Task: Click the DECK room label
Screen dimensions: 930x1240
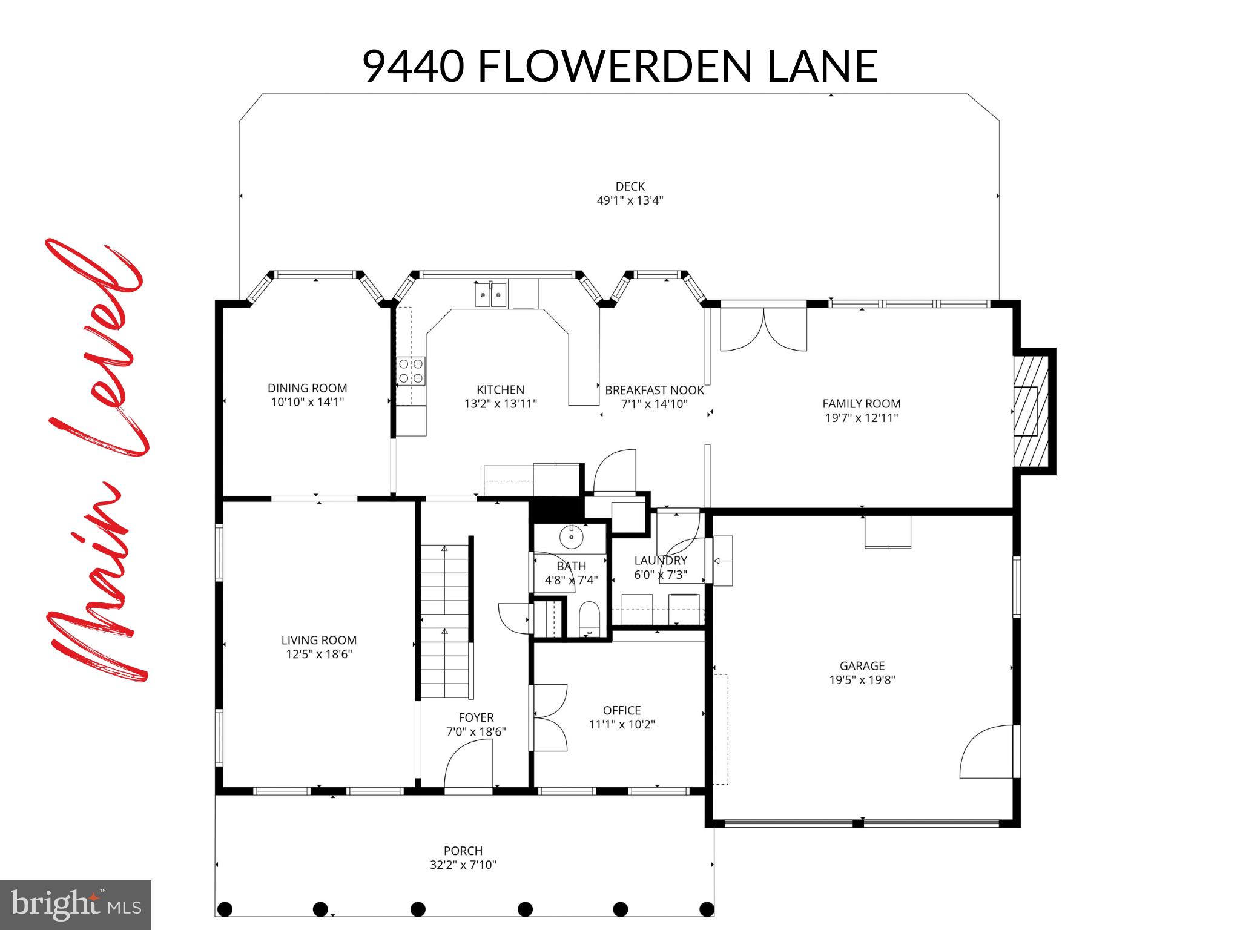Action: pyautogui.click(x=630, y=186)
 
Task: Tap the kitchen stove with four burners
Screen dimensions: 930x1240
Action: pyautogui.click(x=411, y=371)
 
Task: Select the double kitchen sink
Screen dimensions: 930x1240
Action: pyautogui.click(x=490, y=296)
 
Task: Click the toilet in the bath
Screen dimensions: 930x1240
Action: pyautogui.click(x=589, y=619)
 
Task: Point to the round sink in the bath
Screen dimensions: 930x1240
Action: pyautogui.click(x=571, y=536)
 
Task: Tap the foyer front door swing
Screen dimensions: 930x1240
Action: pyautogui.click(x=469, y=766)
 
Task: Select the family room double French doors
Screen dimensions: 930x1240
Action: pyautogui.click(x=763, y=329)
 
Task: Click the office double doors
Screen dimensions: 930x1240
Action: pyautogui.click(x=549, y=717)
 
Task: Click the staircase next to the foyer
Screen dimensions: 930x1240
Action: pyautogui.click(x=445, y=621)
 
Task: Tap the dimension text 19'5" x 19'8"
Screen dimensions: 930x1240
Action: pyautogui.click(x=862, y=680)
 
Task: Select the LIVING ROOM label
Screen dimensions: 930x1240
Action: pyautogui.click(x=319, y=640)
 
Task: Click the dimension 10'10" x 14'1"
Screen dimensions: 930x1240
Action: pyautogui.click(x=308, y=402)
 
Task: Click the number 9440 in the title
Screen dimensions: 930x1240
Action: pyautogui.click(x=414, y=67)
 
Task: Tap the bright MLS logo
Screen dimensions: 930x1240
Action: pyautogui.click(x=76, y=905)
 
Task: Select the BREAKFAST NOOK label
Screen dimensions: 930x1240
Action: pyautogui.click(x=655, y=391)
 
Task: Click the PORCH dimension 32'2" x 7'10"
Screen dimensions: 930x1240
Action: pyautogui.click(x=463, y=865)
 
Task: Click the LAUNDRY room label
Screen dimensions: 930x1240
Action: pyautogui.click(x=661, y=561)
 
